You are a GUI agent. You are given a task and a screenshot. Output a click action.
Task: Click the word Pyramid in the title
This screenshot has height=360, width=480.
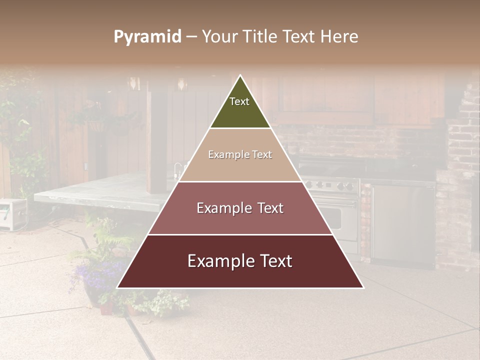[x=147, y=37]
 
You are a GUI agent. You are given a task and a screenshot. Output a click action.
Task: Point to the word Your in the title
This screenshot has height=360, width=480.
[x=218, y=37]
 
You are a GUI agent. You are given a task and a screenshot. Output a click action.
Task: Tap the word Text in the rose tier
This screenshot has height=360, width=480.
[x=268, y=208]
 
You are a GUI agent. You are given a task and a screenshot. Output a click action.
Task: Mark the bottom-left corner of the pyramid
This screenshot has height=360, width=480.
[x=117, y=287]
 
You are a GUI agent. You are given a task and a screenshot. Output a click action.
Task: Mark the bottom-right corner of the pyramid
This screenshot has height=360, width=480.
[x=363, y=287]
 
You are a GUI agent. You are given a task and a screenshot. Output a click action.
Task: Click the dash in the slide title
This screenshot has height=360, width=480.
[x=191, y=37]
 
